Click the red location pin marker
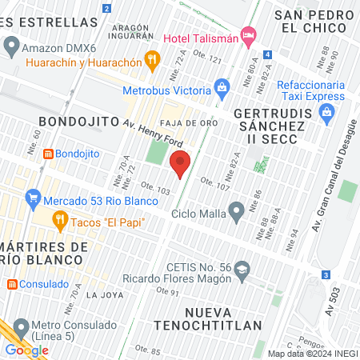tap(180, 163)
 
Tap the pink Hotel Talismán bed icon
tap(249, 34)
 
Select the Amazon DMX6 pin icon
tap(11, 48)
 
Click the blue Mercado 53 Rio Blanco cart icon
tap(33, 197)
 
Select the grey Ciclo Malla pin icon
tap(236, 211)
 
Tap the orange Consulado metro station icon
tap(11, 284)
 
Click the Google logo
tap(26, 350)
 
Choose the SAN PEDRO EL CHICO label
tap(314, 21)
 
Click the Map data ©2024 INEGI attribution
tap(311, 353)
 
